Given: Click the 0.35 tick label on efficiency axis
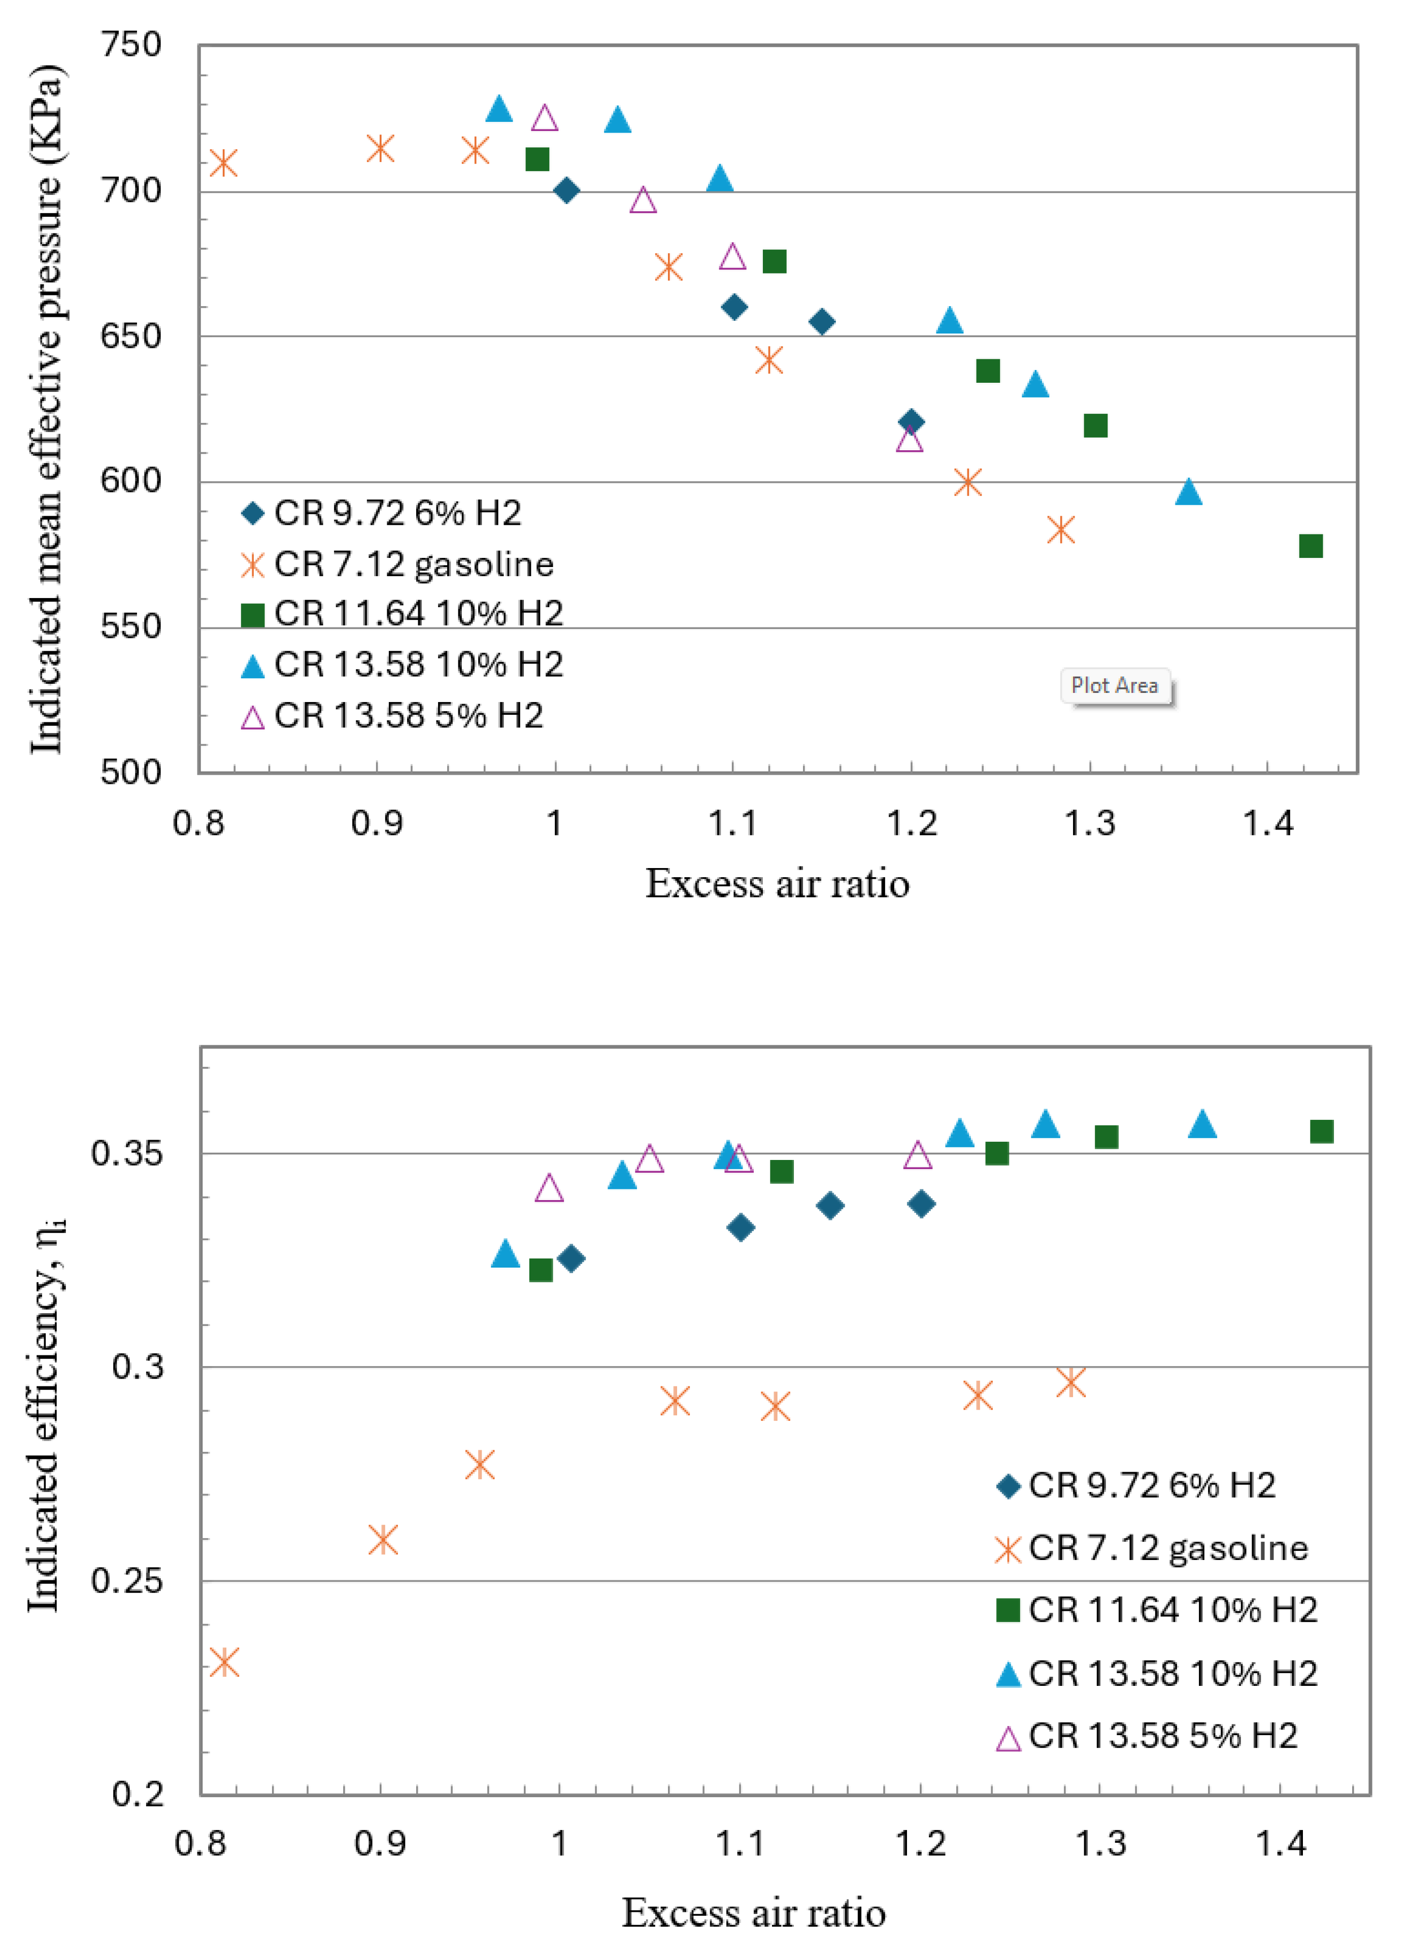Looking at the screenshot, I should coord(127,1153).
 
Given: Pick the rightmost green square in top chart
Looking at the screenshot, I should coord(1311,546).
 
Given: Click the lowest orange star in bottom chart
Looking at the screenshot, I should coord(224,1661).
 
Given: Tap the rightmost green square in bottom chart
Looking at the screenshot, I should coord(1321,1132).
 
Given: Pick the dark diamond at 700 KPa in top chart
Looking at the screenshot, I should coord(566,190).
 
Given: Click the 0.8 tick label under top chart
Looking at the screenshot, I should coord(198,823).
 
